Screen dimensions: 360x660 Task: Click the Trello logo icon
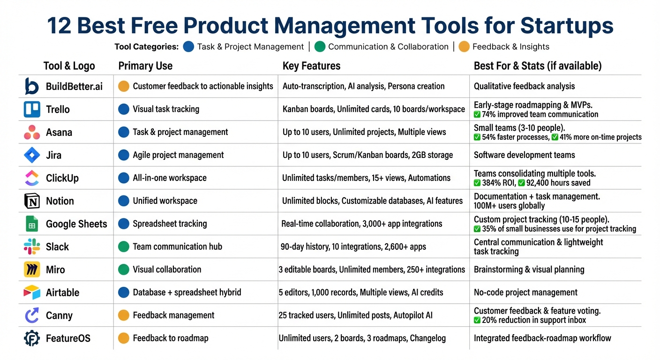point(32,109)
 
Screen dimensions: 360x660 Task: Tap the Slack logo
point(32,247)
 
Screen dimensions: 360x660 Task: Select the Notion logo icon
point(32,201)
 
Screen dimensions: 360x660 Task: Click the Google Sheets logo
point(32,224)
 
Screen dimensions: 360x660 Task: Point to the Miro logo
point(32,270)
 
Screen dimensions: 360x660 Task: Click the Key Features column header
point(311,66)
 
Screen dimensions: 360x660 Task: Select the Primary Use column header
point(145,66)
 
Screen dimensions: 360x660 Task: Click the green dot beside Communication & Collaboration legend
point(320,46)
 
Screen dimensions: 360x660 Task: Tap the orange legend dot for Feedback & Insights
point(464,46)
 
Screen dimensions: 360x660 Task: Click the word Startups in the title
point(567,26)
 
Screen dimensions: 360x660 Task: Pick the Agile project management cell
point(178,155)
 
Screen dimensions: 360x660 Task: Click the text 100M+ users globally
point(509,206)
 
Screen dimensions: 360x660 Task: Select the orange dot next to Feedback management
point(124,315)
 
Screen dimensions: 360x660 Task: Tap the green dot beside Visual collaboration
point(124,270)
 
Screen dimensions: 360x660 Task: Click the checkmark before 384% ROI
point(477,183)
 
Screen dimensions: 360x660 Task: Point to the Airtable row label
point(62,292)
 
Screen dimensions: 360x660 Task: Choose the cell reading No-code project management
point(525,292)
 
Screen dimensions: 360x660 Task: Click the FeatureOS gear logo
point(32,338)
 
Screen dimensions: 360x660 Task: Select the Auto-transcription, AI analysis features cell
point(363,86)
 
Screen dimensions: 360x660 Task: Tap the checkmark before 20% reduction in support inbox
point(477,320)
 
